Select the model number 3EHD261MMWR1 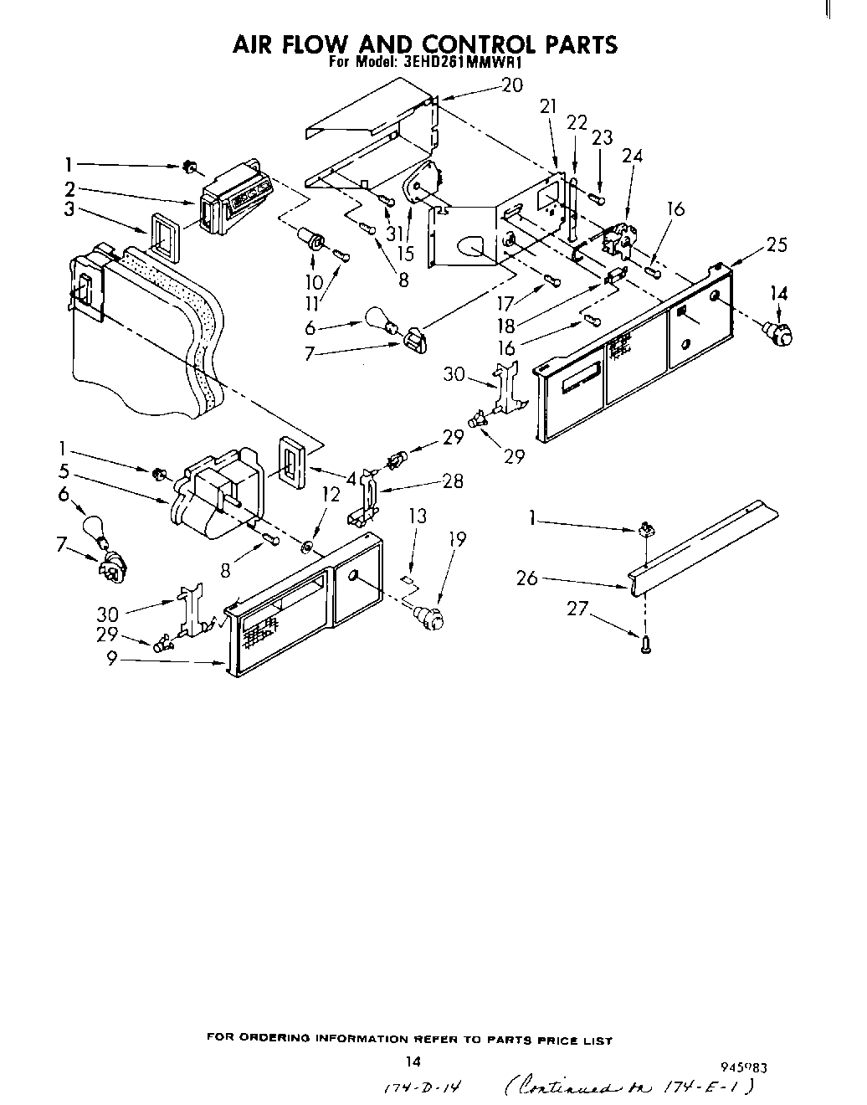pos(451,63)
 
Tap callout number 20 pos(511,85)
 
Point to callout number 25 pos(777,245)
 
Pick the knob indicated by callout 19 pos(429,619)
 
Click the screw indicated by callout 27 pos(645,645)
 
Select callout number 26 pos(527,578)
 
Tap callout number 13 pos(418,517)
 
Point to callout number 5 pos(64,470)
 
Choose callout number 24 pos(633,155)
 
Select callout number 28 pos(453,481)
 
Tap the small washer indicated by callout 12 pos(306,547)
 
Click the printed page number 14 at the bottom pos(411,1062)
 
